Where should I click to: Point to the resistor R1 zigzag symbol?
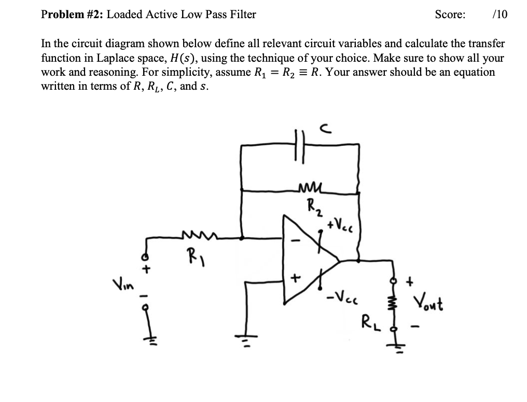(x=197, y=237)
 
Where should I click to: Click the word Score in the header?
(x=450, y=15)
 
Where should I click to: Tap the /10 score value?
(x=499, y=15)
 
